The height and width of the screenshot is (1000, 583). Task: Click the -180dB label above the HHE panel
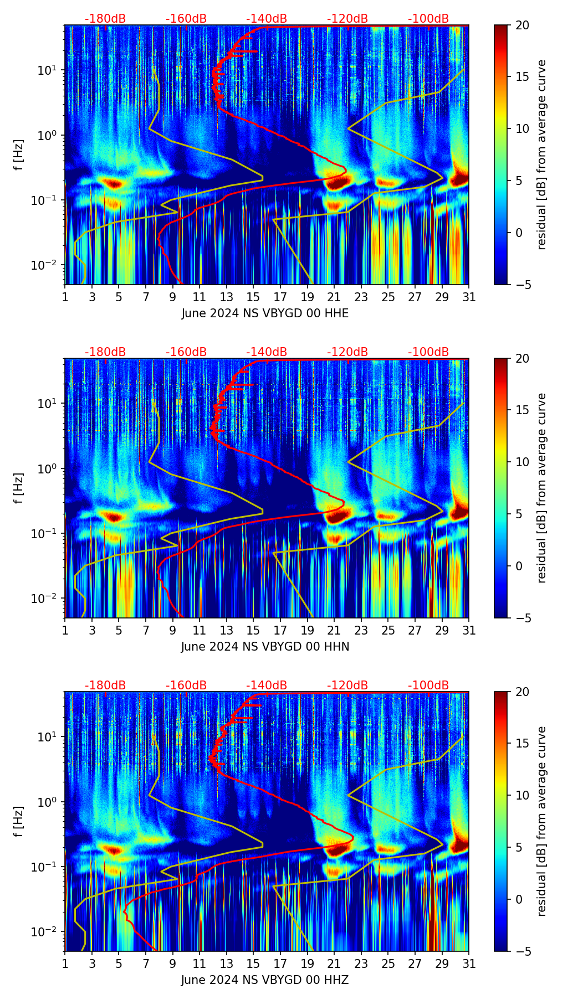(105, 19)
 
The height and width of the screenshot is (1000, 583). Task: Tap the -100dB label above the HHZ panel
(428, 685)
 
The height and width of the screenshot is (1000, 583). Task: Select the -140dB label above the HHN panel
(267, 352)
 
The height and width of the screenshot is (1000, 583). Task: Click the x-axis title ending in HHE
(265, 313)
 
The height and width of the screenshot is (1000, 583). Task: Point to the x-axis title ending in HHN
(265, 647)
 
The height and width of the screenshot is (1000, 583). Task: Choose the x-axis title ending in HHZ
(265, 980)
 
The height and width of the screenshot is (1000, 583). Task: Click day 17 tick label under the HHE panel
(280, 297)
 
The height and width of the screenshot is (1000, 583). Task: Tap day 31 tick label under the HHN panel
(469, 631)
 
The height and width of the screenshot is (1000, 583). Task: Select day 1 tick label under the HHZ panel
(65, 964)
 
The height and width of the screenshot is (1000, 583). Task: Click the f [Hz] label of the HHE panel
(19, 155)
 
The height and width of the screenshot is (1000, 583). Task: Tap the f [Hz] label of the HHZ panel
(19, 822)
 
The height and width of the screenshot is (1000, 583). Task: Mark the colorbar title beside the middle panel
(542, 488)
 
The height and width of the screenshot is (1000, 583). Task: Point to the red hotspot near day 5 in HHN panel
(114, 518)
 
